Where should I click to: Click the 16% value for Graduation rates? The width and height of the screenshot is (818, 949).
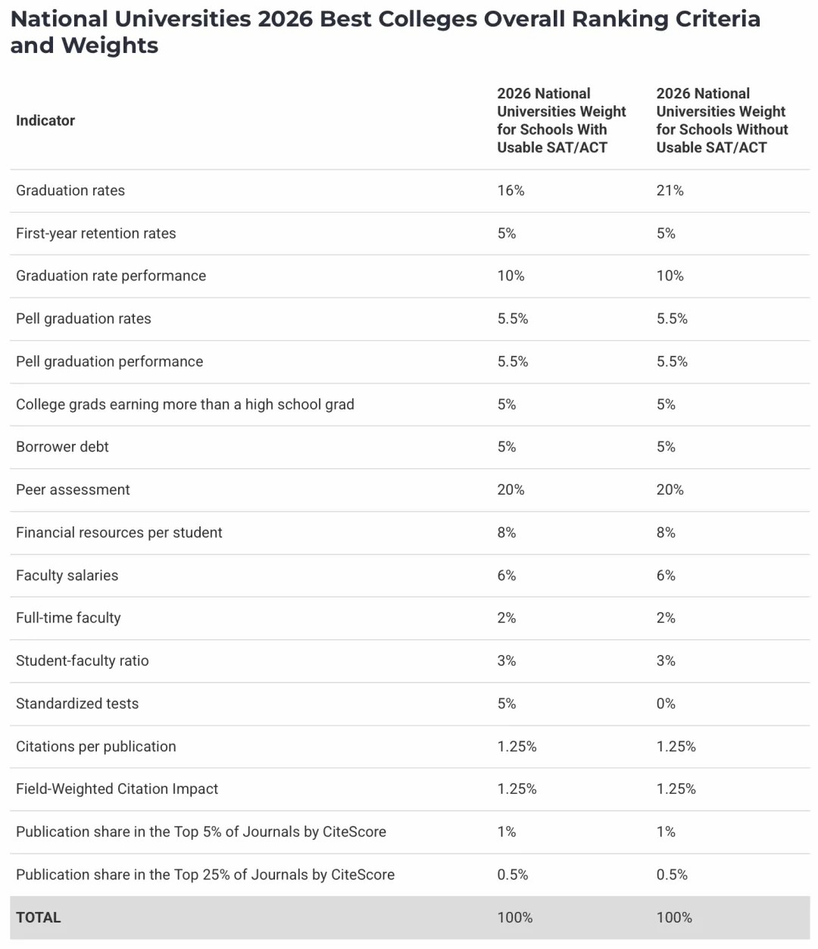coord(510,191)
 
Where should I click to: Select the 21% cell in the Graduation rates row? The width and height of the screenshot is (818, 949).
coord(670,191)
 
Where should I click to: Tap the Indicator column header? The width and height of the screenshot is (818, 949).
coord(45,120)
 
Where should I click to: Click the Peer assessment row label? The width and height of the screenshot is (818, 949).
coord(73,490)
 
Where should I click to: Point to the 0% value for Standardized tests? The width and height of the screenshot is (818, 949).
coord(666,704)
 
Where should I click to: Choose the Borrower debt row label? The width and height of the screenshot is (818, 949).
coord(62,447)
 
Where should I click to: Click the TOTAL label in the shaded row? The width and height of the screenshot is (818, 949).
coord(39,917)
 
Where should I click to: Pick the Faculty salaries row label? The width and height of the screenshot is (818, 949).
coord(67,576)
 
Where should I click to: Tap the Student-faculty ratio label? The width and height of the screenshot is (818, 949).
coord(82,661)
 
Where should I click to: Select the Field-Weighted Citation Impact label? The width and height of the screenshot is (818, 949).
coord(117,789)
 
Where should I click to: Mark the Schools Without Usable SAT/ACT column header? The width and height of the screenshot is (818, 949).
coord(722,120)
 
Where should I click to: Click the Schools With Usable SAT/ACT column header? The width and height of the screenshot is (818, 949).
coord(561,120)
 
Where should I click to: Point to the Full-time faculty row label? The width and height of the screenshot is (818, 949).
coord(68,618)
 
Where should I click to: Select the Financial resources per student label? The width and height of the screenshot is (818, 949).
coord(119,532)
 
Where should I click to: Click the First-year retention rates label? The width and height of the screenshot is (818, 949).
coord(95,233)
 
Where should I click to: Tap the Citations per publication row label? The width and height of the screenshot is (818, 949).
coord(95,747)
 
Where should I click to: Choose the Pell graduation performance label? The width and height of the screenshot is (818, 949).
coord(109,362)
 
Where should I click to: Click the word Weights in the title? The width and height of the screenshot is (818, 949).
coord(110,45)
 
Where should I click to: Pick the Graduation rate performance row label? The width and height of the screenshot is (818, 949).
coord(111,276)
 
